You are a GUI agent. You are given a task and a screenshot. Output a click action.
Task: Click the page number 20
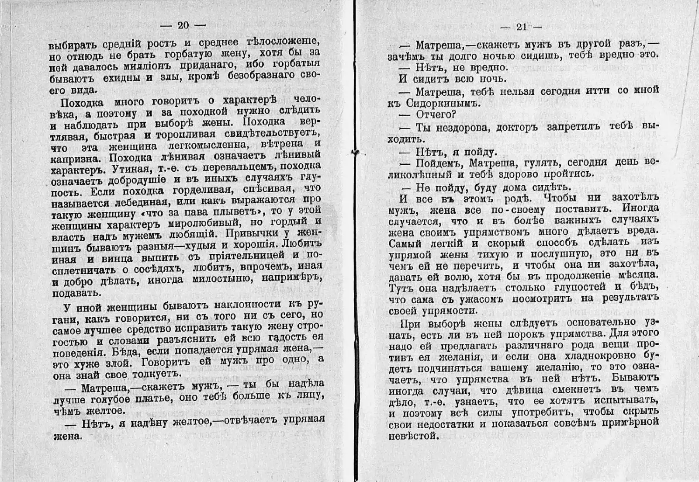[x=183, y=25]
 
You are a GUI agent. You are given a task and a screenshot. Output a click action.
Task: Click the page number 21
[x=521, y=27]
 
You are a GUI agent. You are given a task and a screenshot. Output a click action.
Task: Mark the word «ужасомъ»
[x=477, y=299]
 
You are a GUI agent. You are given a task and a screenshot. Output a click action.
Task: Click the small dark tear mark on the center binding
[x=355, y=153]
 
